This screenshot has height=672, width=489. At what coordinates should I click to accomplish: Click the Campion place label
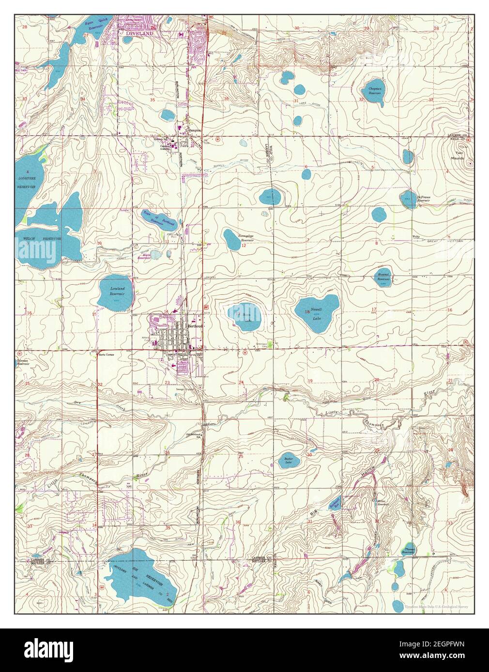[x=195, y=130]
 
